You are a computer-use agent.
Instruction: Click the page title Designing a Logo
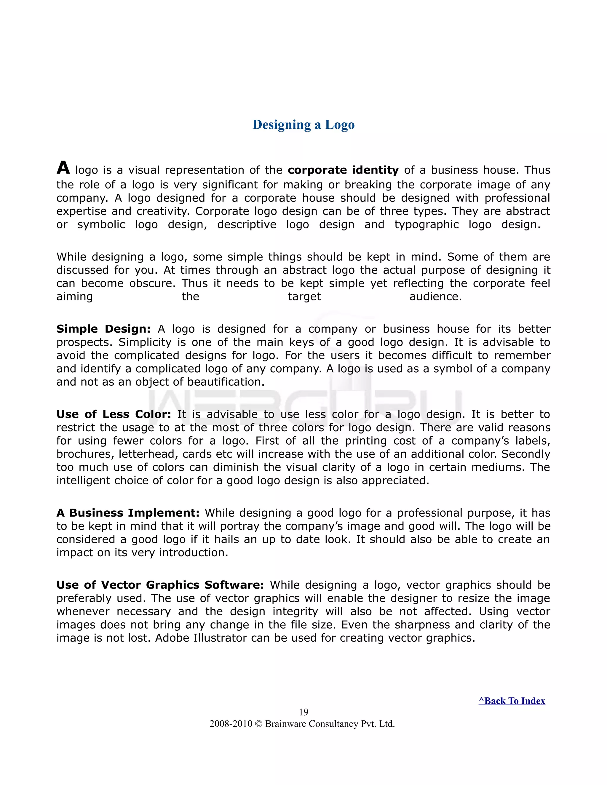(x=303, y=125)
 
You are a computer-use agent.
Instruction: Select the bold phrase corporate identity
(x=343, y=170)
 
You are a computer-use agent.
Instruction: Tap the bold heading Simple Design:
(x=103, y=329)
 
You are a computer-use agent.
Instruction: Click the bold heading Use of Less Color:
(x=114, y=414)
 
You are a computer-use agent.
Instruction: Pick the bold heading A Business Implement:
(x=128, y=512)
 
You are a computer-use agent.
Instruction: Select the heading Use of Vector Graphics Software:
(x=160, y=585)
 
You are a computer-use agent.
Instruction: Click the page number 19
(x=303, y=712)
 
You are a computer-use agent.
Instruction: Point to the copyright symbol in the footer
(x=258, y=724)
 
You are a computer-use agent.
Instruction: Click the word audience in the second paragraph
(x=435, y=297)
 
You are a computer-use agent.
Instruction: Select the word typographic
(x=427, y=225)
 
